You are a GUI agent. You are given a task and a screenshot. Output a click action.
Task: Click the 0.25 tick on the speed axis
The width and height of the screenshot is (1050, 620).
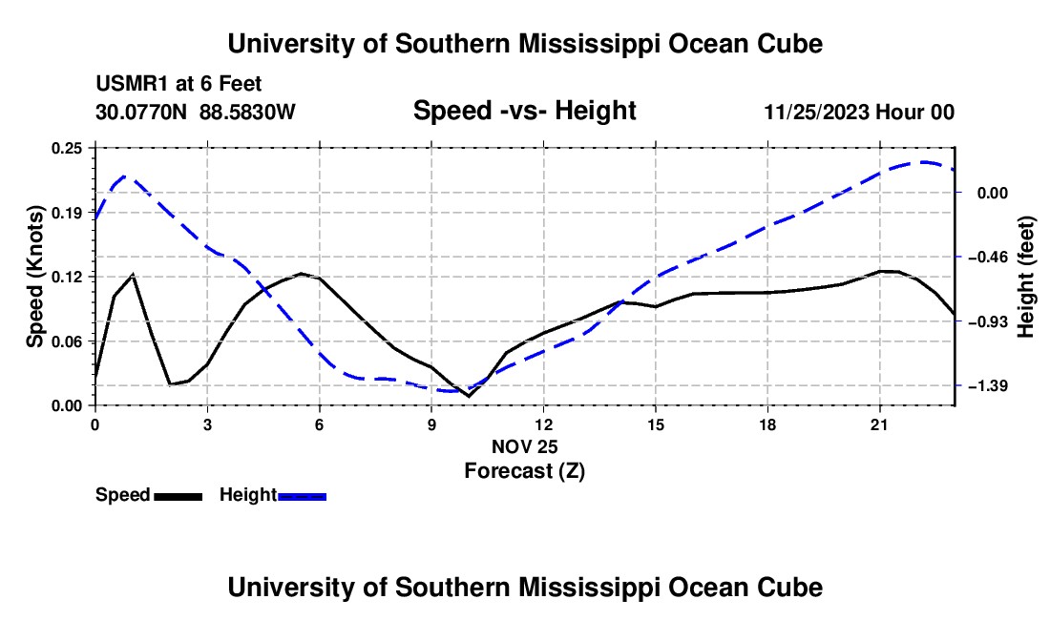(67, 148)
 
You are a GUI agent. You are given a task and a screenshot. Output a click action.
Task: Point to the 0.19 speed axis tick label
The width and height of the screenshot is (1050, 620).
(67, 213)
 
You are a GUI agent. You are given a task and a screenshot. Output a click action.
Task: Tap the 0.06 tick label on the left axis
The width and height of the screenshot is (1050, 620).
(67, 341)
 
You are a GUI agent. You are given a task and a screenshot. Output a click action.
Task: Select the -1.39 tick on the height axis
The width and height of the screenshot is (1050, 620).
(993, 386)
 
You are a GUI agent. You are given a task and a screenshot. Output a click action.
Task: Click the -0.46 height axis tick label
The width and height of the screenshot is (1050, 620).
(993, 258)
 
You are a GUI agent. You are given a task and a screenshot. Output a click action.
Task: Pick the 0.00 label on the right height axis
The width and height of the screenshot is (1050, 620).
(993, 194)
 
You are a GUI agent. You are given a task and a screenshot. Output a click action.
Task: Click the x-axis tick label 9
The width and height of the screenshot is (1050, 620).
(431, 424)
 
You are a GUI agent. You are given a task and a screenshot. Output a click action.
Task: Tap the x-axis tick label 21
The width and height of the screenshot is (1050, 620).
(879, 424)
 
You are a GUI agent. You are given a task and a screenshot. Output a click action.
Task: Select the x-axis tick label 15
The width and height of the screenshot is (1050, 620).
(656, 424)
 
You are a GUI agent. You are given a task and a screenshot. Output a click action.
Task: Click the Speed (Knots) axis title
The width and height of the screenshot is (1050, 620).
(34, 277)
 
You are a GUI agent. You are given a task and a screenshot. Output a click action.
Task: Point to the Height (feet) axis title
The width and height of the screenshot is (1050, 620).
(1026, 277)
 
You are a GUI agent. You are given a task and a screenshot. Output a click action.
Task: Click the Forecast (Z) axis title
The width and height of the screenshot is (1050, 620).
(525, 471)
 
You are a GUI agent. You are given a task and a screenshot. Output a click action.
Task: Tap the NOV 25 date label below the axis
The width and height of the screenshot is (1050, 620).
(525, 446)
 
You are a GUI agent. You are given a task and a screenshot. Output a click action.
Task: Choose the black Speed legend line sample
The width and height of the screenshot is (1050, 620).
(178, 496)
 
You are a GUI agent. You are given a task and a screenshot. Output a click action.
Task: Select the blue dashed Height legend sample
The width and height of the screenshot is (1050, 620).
(302, 496)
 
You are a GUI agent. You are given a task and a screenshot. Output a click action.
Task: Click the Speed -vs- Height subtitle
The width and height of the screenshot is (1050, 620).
(525, 111)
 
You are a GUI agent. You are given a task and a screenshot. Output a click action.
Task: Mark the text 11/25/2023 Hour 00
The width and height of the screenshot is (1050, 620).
(859, 112)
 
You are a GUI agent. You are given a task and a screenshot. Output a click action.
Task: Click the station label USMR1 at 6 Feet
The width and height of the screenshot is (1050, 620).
(178, 84)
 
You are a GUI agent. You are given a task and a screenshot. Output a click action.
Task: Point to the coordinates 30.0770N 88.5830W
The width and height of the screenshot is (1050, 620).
(196, 112)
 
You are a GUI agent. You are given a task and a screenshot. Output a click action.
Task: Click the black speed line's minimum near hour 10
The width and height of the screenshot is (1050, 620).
(469, 397)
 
